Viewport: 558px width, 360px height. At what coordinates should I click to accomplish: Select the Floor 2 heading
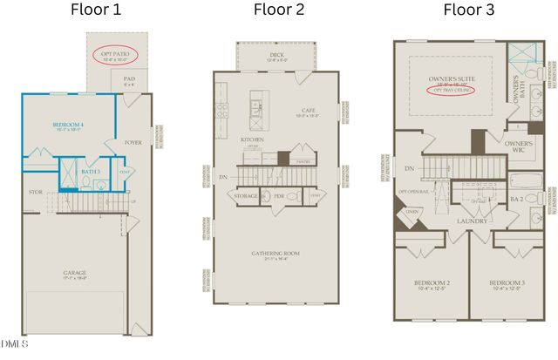(279, 11)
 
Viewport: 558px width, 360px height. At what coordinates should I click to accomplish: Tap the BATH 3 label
(89, 172)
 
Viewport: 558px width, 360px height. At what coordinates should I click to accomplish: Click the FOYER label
(133, 143)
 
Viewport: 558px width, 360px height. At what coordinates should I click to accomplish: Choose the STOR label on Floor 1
(36, 192)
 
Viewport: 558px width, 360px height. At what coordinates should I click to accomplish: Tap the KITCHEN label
(252, 139)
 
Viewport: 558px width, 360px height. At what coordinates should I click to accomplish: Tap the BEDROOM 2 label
(432, 284)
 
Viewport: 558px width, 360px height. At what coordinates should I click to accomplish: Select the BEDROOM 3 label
(506, 284)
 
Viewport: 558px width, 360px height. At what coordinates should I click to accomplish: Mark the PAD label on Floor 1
(128, 78)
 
